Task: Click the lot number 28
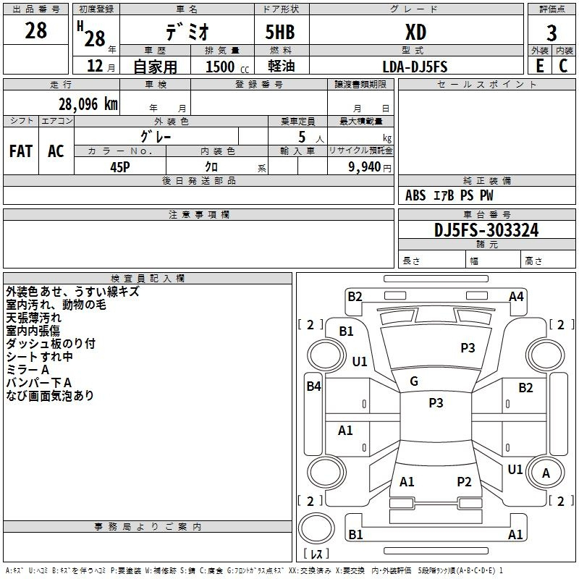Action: [x=35, y=30]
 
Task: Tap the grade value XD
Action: [x=415, y=32]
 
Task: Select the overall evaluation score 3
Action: [x=551, y=33]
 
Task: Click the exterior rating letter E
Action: [x=539, y=66]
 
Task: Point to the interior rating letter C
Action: [x=563, y=66]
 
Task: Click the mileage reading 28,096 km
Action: [x=88, y=104]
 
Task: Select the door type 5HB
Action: [x=280, y=32]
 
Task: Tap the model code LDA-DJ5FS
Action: [x=415, y=67]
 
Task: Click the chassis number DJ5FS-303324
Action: [x=486, y=230]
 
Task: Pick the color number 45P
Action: [x=120, y=167]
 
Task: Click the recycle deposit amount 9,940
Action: [x=365, y=167]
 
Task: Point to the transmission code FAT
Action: [x=21, y=151]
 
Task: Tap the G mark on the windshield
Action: [x=414, y=381]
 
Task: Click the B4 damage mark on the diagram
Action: [x=313, y=386]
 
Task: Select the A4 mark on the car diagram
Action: [x=516, y=297]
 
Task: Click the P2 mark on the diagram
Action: [x=464, y=482]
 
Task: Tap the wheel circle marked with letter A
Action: [x=546, y=473]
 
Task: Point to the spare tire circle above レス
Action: [x=316, y=528]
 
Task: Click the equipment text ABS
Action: [x=415, y=195]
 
